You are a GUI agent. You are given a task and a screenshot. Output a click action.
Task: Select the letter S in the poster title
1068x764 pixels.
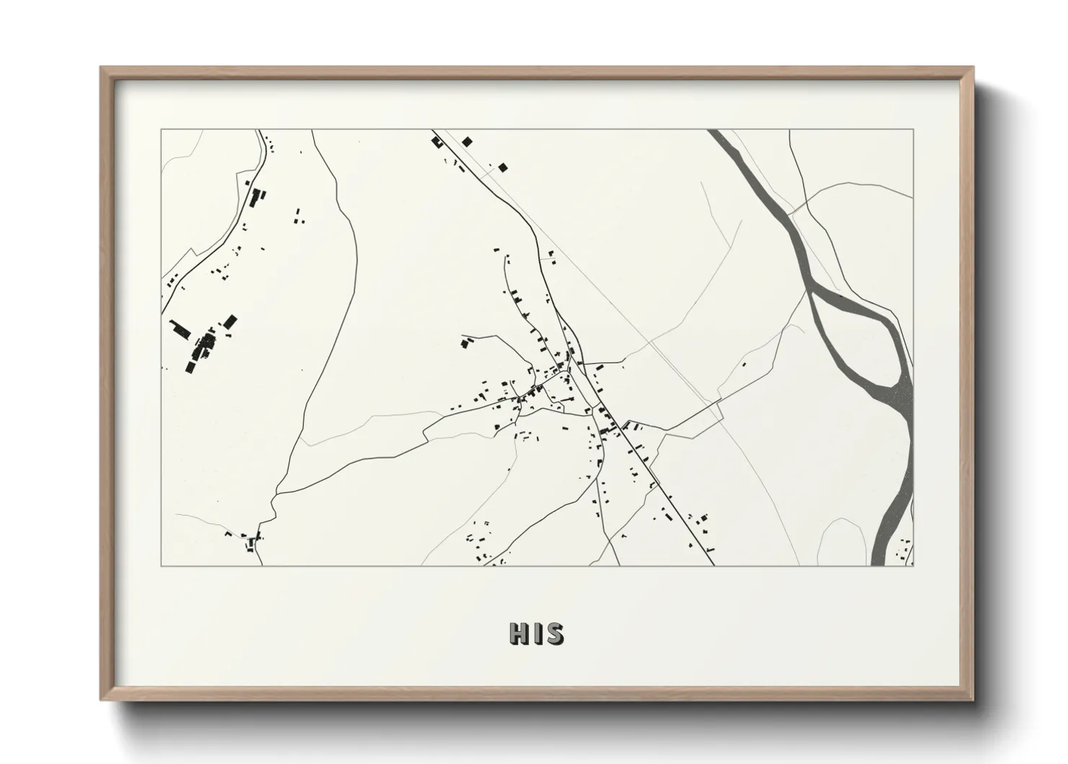tap(554, 633)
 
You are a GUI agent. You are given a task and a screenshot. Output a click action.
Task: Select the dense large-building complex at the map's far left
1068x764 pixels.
tap(202, 347)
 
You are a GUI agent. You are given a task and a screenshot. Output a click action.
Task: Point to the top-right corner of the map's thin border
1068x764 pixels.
tap(914, 129)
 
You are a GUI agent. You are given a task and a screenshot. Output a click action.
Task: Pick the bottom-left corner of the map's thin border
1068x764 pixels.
tap(161, 565)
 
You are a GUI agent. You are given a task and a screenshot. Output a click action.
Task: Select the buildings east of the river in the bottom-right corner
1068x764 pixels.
tap(903, 552)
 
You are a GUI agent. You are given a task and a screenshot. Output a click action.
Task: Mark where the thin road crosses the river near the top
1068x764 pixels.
tap(797, 209)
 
